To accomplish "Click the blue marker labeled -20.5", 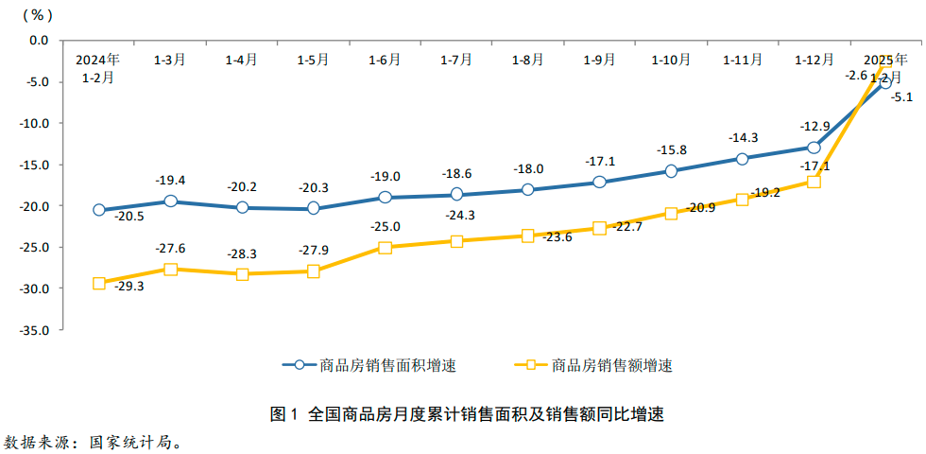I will pyautogui.click(x=99, y=210).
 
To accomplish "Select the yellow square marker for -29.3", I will pyautogui.click(x=99, y=283).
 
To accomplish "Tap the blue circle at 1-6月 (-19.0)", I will pyautogui.click(x=385, y=198).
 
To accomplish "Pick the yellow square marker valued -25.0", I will pyautogui.click(x=385, y=248).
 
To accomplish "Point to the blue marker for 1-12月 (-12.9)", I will pyautogui.click(x=814, y=148).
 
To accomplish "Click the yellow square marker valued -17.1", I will pyautogui.click(x=814, y=182).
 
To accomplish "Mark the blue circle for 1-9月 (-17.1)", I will pyautogui.click(x=599, y=182).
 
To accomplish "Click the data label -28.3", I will pyautogui.click(x=242, y=255).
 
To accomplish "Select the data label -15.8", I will pyautogui.click(x=671, y=149).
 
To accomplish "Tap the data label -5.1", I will pyautogui.click(x=901, y=96).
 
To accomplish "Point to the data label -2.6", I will pyautogui.click(x=857, y=75).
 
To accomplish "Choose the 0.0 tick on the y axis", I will pyautogui.click(x=39, y=41).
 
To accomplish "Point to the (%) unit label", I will pyautogui.click(x=37, y=15).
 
